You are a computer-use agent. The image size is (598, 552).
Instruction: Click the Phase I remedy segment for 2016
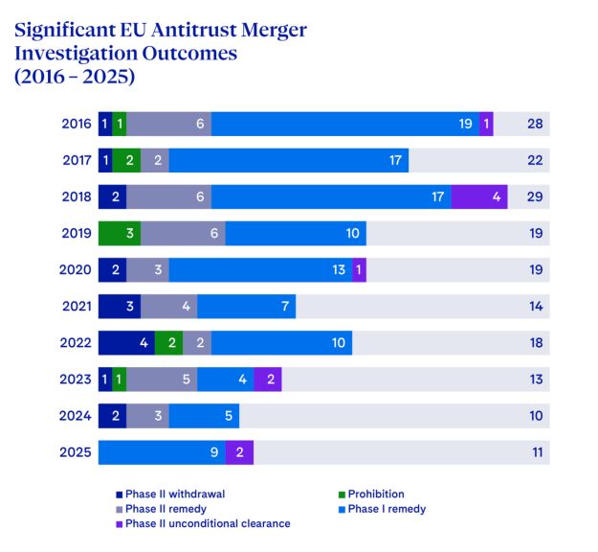[344, 124]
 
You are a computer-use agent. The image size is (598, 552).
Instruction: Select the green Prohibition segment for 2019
[120, 233]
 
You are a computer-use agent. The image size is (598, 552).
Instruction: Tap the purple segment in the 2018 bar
[478, 196]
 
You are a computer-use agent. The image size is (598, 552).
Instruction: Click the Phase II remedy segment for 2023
[162, 379]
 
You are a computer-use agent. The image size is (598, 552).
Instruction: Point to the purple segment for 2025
[239, 451]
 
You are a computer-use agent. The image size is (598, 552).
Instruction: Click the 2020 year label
[76, 269]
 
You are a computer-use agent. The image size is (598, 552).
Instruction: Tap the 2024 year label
[76, 415]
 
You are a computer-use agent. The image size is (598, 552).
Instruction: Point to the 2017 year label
[76, 160]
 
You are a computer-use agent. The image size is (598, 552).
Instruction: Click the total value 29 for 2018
[535, 196]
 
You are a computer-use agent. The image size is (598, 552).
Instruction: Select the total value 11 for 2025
[535, 451]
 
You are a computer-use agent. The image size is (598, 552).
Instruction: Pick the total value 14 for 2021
[535, 306]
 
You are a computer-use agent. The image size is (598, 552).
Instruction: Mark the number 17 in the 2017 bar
[395, 160]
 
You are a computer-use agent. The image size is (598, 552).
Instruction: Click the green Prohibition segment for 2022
[168, 342]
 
